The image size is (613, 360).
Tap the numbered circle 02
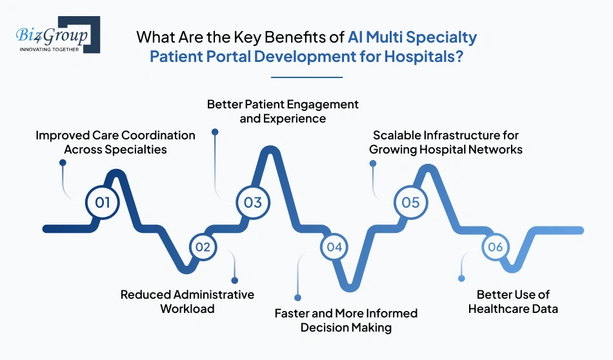click(x=203, y=246)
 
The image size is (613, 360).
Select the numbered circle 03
click(x=253, y=202)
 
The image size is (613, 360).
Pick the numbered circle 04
click(x=334, y=246)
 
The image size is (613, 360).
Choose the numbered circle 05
click(x=410, y=202)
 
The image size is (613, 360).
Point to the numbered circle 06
click(x=495, y=246)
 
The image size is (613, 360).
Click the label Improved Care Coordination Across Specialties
click(x=115, y=142)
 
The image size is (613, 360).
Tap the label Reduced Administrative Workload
click(x=187, y=301)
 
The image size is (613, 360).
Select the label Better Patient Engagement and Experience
click(x=283, y=111)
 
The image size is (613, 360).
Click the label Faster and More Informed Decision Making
click(x=346, y=320)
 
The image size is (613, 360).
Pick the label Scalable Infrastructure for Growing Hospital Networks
click(x=446, y=142)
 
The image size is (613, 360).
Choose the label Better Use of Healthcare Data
click(x=513, y=301)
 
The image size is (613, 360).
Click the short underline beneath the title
click(x=306, y=77)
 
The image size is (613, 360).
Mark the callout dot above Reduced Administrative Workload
click(x=235, y=281)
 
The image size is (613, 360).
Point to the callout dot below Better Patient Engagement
click(x=215, y=132)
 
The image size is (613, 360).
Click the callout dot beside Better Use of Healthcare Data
click(x=461, y=279)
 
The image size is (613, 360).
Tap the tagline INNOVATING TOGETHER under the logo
click(x=49, y=49)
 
